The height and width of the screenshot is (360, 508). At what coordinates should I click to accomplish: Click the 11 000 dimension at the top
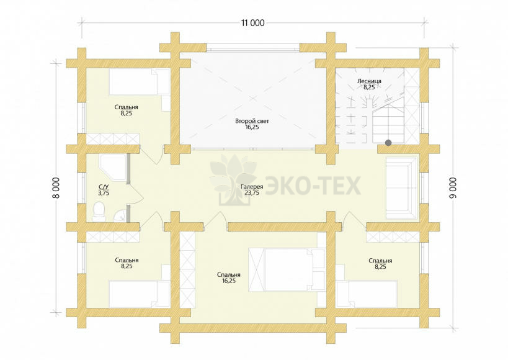[252, 23]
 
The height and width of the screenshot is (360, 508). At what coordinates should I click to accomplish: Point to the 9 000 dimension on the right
[453, 188]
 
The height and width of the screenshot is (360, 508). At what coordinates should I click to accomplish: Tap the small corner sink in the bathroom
[120, 215]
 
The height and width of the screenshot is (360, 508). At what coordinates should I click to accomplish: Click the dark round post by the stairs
[388, 143]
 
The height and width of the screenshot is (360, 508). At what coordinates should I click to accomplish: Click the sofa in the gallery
[402, 188]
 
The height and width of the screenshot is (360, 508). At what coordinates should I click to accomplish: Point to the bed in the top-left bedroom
[140, 82]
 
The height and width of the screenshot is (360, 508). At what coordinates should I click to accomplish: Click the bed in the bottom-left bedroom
[140, 294]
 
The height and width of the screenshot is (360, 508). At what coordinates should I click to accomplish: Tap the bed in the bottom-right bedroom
[367, 294]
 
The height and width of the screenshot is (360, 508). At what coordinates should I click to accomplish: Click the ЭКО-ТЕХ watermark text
[313, 186]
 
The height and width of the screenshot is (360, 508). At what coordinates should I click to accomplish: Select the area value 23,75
[252, 192]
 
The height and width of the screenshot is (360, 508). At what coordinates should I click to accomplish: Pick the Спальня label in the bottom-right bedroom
[380, 261]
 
